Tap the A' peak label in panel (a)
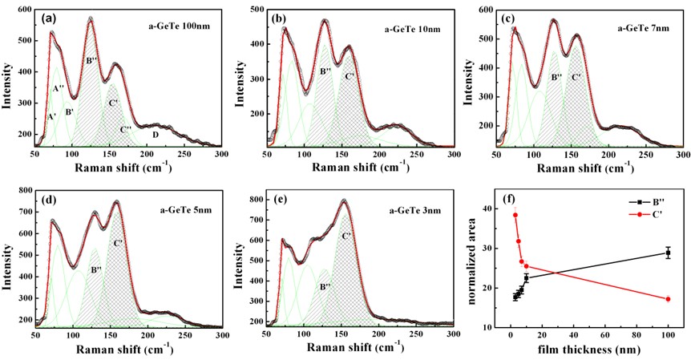click(x=52, y=117)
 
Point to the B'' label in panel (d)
click(x=96, y=270)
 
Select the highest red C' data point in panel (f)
click(x=515, y=215)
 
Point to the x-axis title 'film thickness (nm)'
click(x=591, y=350)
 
